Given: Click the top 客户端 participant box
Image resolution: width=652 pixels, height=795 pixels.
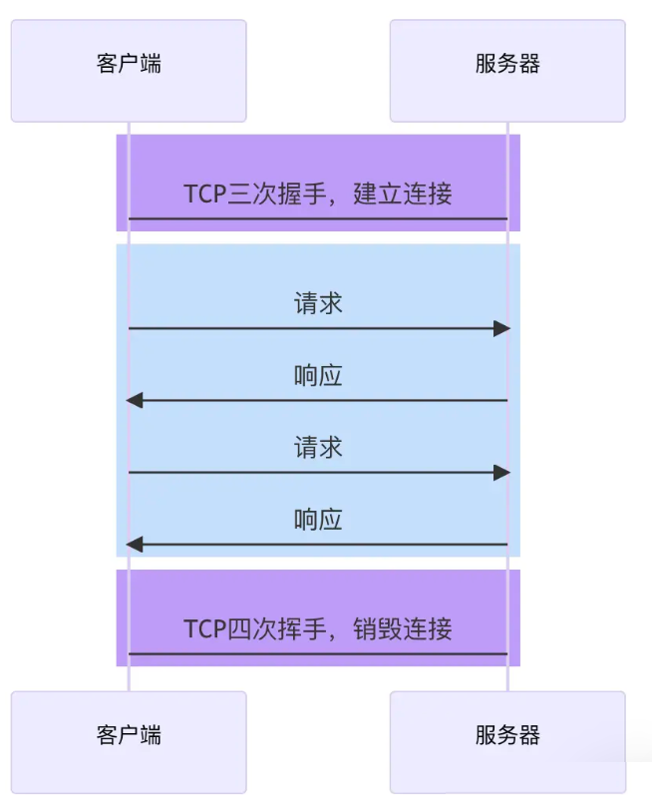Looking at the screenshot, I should click(129, 70).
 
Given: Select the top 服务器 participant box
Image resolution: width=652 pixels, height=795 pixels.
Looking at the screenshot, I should click(506, 70).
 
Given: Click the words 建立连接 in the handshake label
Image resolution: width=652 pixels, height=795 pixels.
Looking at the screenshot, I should click(403, 194).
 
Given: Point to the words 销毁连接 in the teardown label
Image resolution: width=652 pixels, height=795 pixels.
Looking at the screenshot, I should click(403, 628).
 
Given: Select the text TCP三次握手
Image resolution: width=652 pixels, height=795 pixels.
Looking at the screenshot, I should click(255, 194).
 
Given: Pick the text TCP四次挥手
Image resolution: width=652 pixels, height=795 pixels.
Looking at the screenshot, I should click(255, 628).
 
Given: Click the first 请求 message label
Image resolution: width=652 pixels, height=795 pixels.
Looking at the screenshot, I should click(318, 303).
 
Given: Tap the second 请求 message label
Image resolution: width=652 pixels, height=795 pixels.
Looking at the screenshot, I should click(318, 448).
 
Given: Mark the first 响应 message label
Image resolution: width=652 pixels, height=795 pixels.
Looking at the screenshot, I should click(318, 376).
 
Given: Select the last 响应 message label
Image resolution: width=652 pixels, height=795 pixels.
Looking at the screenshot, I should click(318, 520).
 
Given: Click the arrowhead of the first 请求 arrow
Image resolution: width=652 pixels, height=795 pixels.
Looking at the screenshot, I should click(501, 328).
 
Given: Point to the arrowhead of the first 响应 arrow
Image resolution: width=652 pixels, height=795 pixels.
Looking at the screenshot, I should click(135, 400).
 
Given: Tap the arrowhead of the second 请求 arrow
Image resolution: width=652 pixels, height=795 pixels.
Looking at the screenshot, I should click(501, 473).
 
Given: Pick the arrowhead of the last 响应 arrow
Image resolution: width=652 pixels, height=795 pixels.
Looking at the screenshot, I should click(135, 545).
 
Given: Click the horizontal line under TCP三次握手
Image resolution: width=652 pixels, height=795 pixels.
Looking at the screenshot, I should click(318, 218).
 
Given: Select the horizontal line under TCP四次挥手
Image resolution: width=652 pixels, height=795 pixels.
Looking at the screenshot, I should click(318, 654).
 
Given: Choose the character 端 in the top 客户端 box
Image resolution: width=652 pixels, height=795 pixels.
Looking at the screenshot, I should click(151, 65).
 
